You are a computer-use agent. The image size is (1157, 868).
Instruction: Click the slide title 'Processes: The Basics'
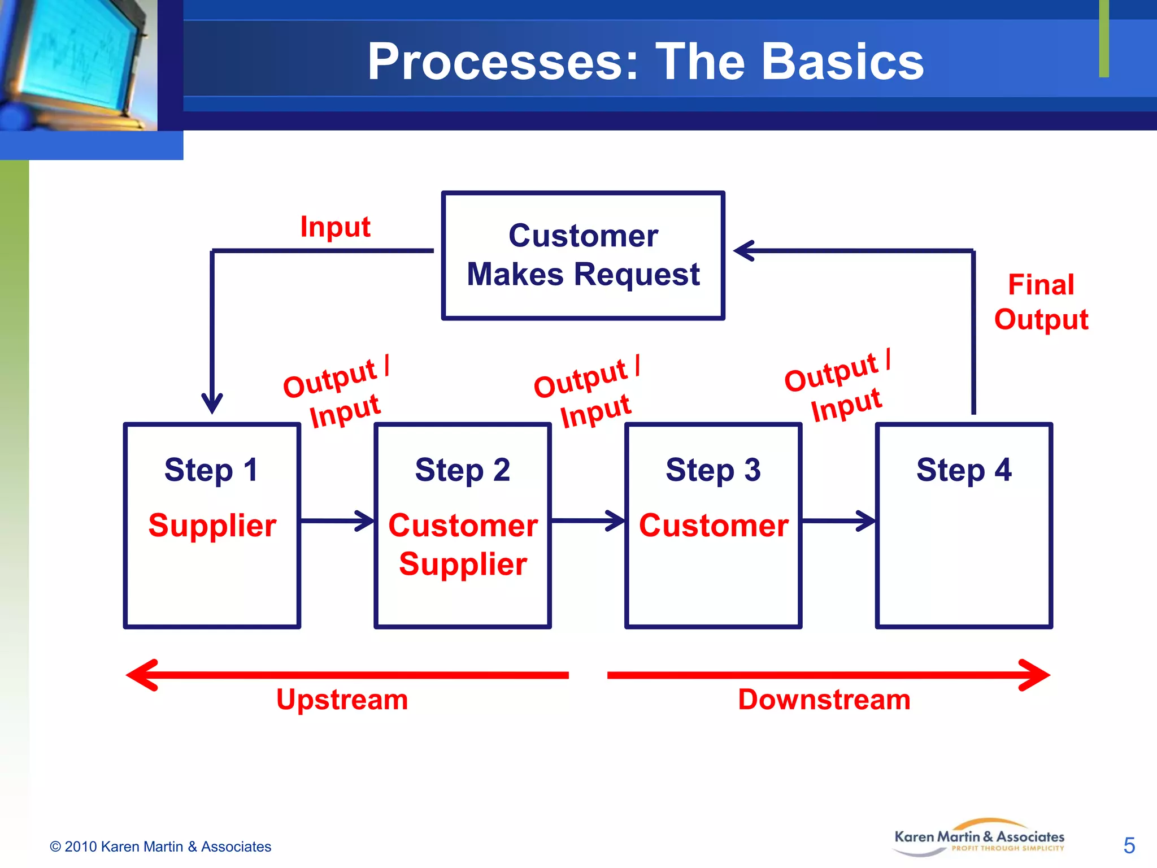click(645, 62)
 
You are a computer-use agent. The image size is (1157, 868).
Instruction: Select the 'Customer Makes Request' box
click(582, 255)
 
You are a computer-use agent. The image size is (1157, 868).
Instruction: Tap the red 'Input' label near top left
click(335, 227)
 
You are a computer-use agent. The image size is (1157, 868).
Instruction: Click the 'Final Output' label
click(1041, 302)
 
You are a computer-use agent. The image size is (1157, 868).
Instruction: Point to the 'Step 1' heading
click(211, 470)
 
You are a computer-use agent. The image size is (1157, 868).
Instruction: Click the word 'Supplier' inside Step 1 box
click(212, 526)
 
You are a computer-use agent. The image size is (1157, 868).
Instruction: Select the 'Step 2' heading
click(462, 470)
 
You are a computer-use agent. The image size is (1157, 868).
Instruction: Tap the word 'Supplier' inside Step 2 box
click(463, 564)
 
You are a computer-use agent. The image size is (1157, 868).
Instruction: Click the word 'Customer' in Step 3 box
click(714, 526)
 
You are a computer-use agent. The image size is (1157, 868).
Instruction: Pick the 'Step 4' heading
click(964, 470)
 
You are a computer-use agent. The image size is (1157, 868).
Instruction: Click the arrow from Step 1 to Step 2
click(337, 520)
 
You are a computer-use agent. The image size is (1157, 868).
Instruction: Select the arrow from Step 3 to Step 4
click(838, 520)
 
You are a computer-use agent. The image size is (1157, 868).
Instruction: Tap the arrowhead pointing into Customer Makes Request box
click(745, 250)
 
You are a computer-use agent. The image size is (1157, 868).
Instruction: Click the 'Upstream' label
click(342, 700)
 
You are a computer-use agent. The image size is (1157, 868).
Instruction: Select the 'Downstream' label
click(824, 700)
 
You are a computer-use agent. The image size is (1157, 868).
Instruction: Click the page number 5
click(1129, 846)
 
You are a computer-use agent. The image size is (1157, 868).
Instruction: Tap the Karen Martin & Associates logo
click(979, 838)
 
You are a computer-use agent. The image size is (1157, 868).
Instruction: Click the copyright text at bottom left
click(160, 847)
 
